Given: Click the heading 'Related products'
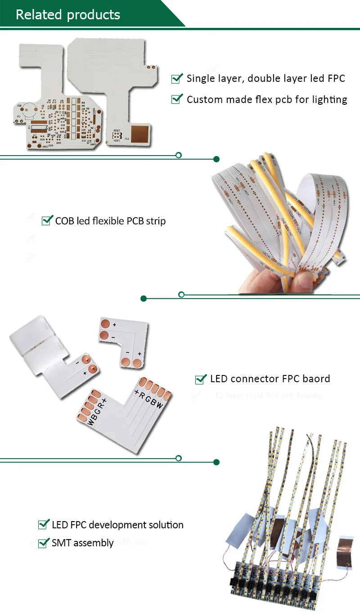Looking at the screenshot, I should (68, 14).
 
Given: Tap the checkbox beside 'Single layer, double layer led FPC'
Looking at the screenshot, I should (177, 79).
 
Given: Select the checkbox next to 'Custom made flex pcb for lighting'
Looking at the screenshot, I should (177, 99).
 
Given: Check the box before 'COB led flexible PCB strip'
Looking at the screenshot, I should (47, 220).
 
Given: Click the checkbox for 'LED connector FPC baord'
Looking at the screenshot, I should (201, 379).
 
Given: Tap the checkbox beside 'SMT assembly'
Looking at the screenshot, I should (44, 543).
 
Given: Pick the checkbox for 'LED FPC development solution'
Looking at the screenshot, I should (44, 524).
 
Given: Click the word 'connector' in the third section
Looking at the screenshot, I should (252, 379).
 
